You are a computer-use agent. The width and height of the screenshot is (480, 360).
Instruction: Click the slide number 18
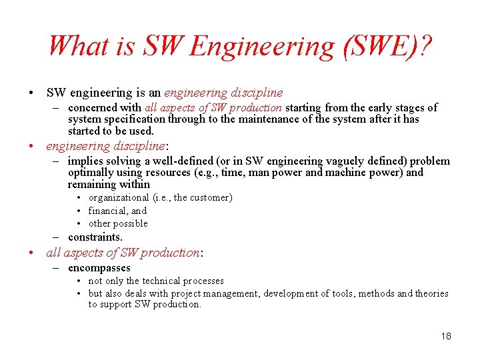point(445,335)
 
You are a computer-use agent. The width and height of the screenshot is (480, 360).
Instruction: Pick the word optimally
point(90,173)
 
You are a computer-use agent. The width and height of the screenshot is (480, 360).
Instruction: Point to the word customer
point(209,197)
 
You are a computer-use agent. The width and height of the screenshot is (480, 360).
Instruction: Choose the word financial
point(107,211)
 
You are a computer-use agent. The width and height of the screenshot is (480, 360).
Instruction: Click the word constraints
point(95,237)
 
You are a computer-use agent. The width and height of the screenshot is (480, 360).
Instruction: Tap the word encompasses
point(99,268)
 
